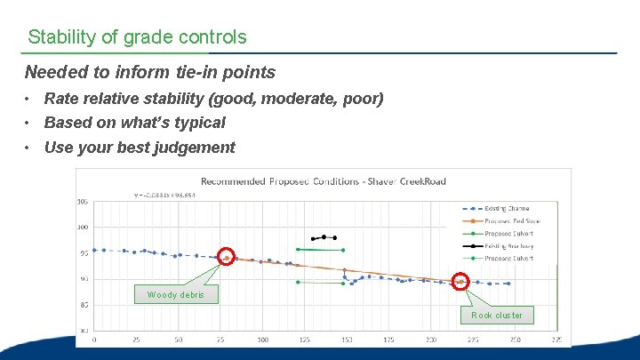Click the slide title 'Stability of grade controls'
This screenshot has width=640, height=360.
(137, 37)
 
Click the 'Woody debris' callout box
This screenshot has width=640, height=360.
(176, 294)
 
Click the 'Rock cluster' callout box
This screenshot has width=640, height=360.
(497, 315)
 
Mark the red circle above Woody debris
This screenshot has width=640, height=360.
(226, 258)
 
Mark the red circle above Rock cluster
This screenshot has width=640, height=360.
(460, 282)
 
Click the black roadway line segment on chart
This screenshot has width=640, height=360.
(324, 237)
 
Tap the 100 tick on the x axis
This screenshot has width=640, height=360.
(262, 340)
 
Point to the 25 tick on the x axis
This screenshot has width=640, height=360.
(136, 340)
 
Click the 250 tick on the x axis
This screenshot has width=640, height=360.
(515, 340)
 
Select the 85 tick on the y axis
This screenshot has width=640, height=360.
(83, 305)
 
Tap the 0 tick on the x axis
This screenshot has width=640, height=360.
(94, 340)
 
